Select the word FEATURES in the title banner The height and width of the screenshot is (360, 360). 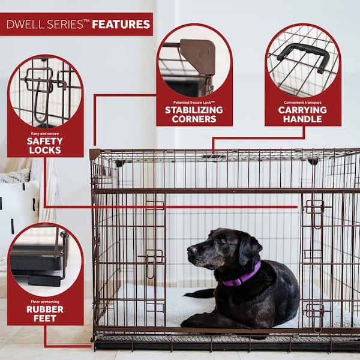pyautogui.click(x=121, y=25)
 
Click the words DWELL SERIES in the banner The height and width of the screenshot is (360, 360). pyautogui.click(x=47, y=25)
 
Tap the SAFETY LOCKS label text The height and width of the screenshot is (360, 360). pyautogui.click(x=45, y=145)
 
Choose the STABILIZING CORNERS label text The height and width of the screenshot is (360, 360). pyautogui.click(x=194, y=115)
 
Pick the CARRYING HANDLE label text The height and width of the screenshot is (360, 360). pyautogui.click(x=302, y=115)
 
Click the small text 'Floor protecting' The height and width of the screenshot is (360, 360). pyautogui.click(x=45, y=299)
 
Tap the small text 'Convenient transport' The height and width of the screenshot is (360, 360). pyautogui.click(x=302, y=101)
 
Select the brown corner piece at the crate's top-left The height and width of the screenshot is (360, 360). pyautogui.click(x=94, y=154)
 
